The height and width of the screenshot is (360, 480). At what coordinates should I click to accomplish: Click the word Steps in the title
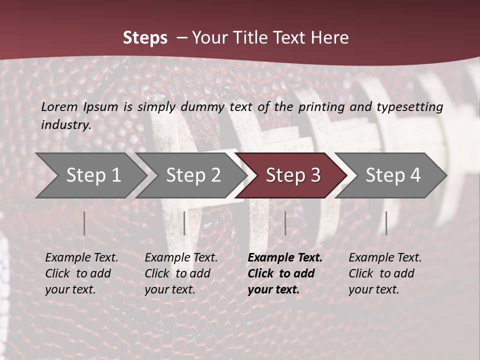tap(145, 38)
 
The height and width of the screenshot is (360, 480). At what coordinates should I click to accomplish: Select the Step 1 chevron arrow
tap(92, 175)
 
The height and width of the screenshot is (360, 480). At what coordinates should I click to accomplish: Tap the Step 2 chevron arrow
tap(192, 175)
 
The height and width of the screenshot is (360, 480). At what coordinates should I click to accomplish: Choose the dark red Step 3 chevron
tap(292, 175)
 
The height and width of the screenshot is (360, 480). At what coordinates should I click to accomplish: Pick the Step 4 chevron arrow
tap(392, 175)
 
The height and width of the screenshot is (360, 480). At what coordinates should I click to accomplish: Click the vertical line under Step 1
tap(84, 223)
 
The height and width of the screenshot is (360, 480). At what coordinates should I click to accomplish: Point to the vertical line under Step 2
tap(184, 223)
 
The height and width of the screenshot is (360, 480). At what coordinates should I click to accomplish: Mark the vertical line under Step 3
tap(285, 223)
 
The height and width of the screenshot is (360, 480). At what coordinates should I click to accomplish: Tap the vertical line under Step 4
tap(386, 223)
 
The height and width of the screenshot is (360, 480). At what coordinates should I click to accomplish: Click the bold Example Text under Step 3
tap(285, 258)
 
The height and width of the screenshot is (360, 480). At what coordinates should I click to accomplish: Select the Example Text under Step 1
tap(81, 258)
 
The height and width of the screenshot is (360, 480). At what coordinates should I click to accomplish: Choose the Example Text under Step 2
tap(181, 258)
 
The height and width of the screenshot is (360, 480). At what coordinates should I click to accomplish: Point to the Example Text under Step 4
tap(385, 258)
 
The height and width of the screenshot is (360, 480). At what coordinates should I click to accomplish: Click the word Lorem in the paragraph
tap(59, 106)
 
